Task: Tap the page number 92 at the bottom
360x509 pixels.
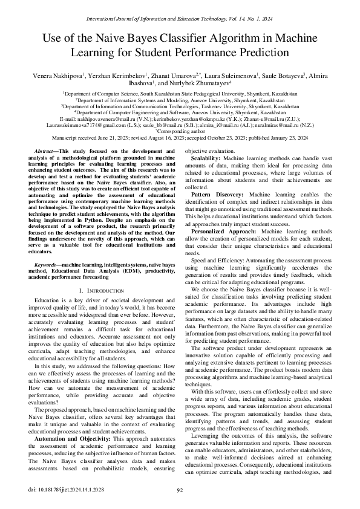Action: (180, 490)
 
